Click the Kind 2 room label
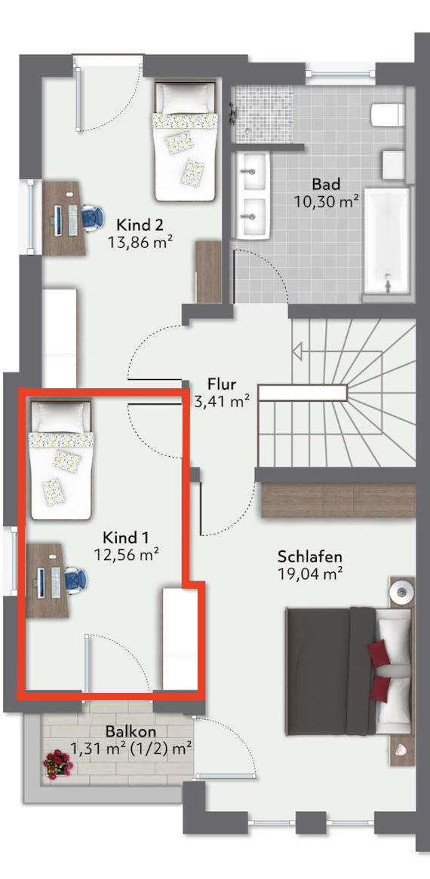pyautogui.click(x=140, y=225)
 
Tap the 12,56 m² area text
pyautogui.click(x=126, y=555)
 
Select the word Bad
pyautogui.click(x=327, y=184)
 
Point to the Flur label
pyautogui.click(x=222, y=384)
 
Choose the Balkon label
pyautogui.click(x=130, y=731)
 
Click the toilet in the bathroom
pyautogui.click(x=388, y=115)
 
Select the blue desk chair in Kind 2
pyautogui.click(x=92, y=216)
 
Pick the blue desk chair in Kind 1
pyautogui.click(x=75, y=578)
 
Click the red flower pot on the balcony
pyautogui.click(x=59, y=764)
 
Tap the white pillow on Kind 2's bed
pyautogui.click(x=185, y=99)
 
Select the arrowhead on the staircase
pyautogui.click(x=298, y=353)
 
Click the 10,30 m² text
pyautogui.click(x=327, y=201)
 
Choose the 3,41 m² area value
pyautogui.click(x=222, y=401)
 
